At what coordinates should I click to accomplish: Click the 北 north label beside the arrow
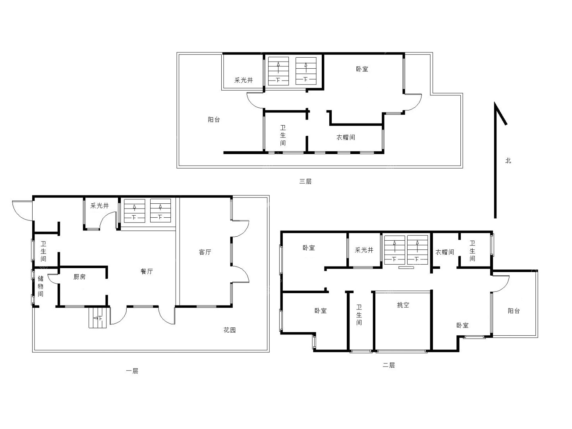[508, 161]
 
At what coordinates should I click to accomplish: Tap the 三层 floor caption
[305, 181]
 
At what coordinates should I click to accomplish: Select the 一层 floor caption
[132, 371]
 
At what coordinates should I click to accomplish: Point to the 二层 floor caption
[388, 365]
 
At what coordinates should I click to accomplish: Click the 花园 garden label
[230, 330]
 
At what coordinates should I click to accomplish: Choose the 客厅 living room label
[205, 252]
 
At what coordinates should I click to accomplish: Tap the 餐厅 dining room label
[147, 271]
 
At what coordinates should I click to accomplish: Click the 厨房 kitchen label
[79, 276]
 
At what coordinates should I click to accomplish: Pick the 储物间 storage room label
[41, 286]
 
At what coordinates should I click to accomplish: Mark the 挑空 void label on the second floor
[403, 305]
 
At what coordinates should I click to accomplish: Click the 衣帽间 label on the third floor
[346, 137]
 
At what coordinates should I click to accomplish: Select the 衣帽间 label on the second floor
[444, 252]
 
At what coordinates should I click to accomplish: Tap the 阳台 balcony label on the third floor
[214, 120]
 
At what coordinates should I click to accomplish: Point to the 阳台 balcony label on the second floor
[514, 311]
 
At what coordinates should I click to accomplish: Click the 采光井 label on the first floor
[100, 205]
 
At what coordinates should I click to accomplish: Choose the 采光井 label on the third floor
[243, 80]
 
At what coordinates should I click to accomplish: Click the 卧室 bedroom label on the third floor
[362, 69]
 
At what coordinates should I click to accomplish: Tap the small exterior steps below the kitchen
[98, 317]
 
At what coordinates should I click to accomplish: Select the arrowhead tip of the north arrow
[495, 102]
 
